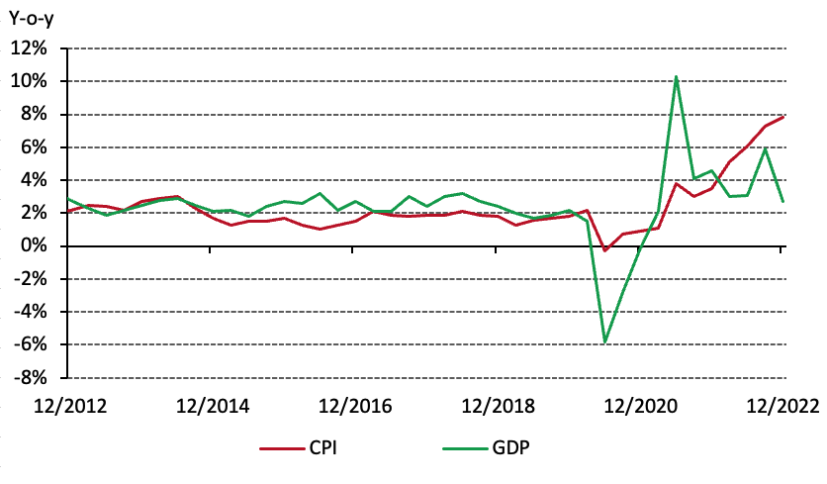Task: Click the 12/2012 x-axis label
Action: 69,405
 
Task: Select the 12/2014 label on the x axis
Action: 212,405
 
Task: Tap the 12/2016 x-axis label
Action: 353,405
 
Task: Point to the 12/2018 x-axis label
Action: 496,405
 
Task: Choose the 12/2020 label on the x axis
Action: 638,405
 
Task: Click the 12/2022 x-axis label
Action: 780,405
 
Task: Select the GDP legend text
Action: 510,448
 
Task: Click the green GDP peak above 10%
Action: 676,76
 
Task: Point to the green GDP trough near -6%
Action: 604,342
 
